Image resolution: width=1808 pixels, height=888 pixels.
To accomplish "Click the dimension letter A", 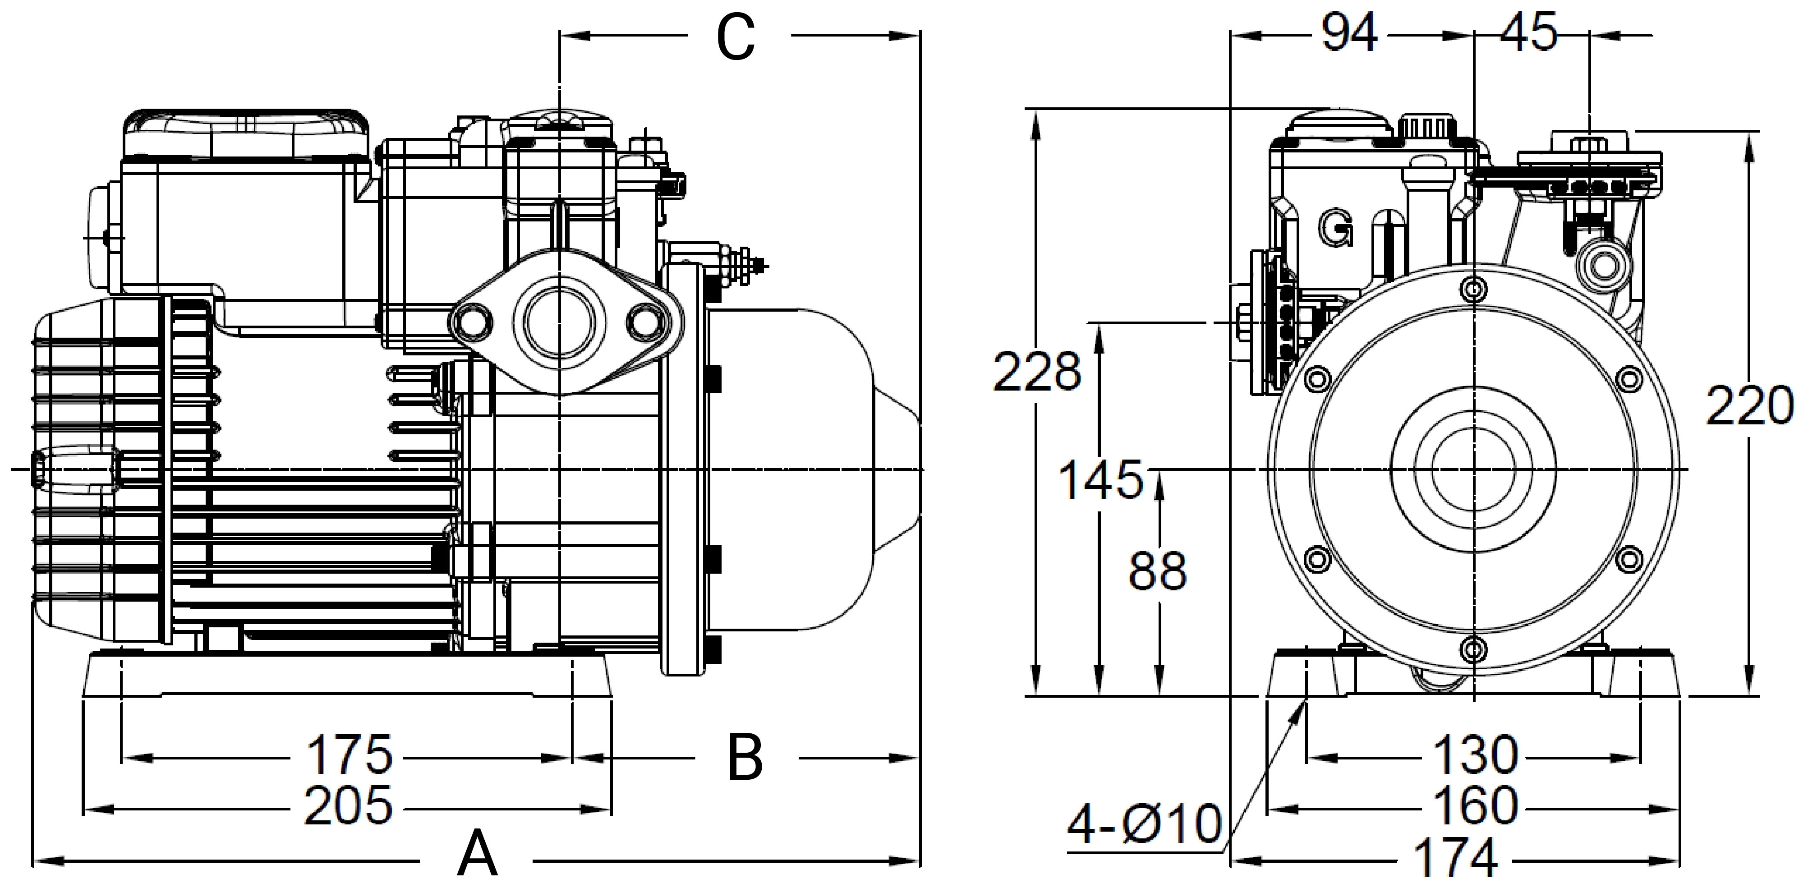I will (x=477, y=854).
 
